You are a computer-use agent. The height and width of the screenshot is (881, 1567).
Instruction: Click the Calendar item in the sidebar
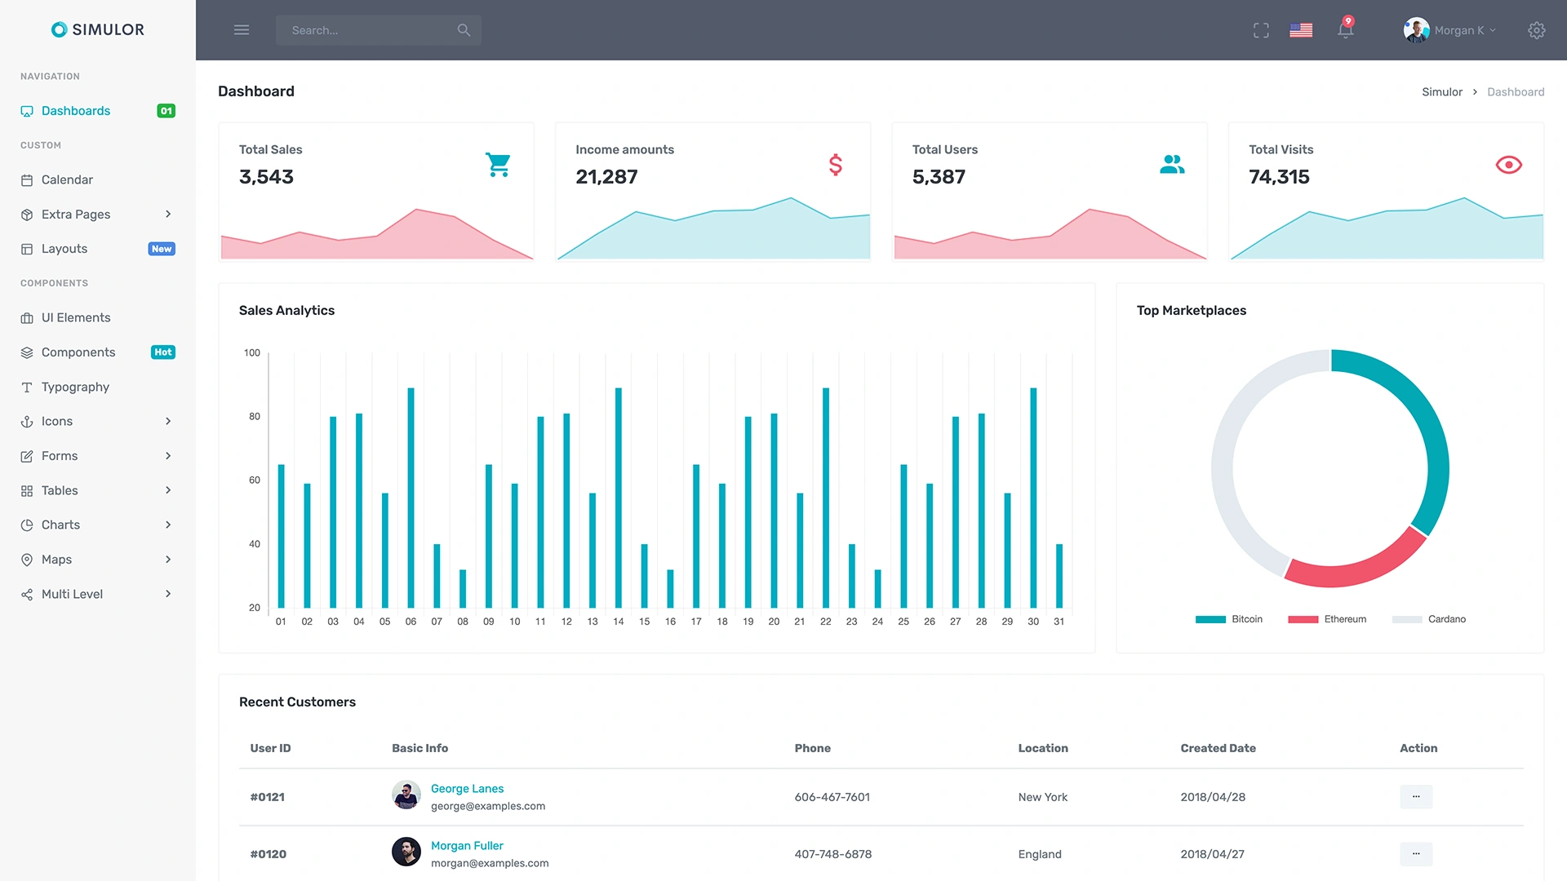point(67,179)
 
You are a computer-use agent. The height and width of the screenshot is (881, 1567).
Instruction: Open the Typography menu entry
point(75,387)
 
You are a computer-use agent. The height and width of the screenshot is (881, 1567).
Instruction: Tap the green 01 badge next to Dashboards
point(166,111)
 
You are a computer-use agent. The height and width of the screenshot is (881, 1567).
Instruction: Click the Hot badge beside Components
point(163,352)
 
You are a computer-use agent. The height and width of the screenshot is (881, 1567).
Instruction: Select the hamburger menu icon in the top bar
point(242,30)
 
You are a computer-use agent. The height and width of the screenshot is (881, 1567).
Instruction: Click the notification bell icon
point(1345,30)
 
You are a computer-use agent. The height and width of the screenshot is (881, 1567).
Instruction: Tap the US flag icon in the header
point(1301,30)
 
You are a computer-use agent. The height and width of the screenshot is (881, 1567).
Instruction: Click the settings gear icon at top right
point(1536,30)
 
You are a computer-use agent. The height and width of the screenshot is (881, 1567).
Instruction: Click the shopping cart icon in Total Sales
point(498,165)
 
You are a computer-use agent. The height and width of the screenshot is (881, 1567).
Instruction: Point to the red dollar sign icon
point(835,165)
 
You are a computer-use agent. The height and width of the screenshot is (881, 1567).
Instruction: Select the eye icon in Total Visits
point(1508,165)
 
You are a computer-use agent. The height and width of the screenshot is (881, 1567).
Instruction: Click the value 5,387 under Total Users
point(939,177)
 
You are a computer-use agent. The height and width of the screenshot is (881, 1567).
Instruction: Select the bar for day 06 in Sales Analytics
point(411,498)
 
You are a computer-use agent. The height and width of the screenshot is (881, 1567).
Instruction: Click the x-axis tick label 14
point(619,622)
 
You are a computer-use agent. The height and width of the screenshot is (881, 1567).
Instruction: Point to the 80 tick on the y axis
point(255,417)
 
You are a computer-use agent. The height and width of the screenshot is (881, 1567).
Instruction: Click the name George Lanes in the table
point(467,789)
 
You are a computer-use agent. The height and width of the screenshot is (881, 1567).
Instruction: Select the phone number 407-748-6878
point(832,854)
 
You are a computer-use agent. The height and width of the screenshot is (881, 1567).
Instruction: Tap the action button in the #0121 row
point(1415,797)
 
